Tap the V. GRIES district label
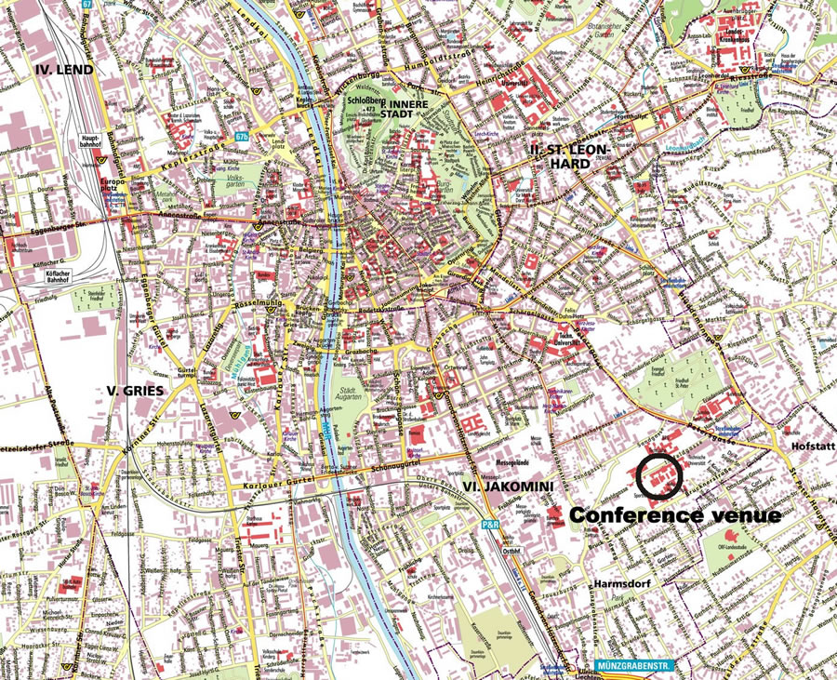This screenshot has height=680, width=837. (136, 391)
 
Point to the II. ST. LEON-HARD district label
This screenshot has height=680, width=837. (562, 156)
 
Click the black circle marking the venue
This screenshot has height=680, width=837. (662, 475)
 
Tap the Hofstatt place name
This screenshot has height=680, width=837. (812, 447)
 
